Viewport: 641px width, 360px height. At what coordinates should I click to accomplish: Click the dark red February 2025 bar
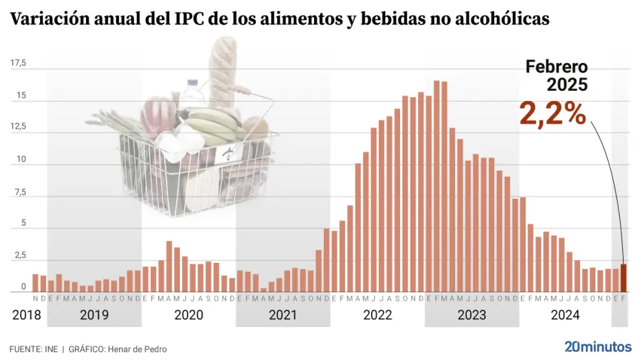pos(624,278)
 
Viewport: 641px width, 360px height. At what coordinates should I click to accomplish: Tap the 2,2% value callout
pos(552,114)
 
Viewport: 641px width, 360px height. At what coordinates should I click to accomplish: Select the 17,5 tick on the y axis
pos(18,63)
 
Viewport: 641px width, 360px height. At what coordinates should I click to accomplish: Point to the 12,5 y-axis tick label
pos(18,126)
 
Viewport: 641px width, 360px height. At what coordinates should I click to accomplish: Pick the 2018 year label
pos(27,315)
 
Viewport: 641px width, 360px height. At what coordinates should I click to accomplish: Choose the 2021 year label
pos(282,315)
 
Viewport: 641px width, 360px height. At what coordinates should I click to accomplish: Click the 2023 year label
pos(472,315)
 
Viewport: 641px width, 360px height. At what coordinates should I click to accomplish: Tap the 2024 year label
pos(565,315)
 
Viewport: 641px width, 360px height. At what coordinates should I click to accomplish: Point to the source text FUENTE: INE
pos(34,349)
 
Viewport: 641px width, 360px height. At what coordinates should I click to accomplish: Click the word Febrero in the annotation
pos(556,67)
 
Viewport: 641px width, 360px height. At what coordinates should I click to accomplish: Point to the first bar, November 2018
pos(36,283)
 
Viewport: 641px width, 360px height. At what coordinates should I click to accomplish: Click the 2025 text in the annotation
pos(567,84)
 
